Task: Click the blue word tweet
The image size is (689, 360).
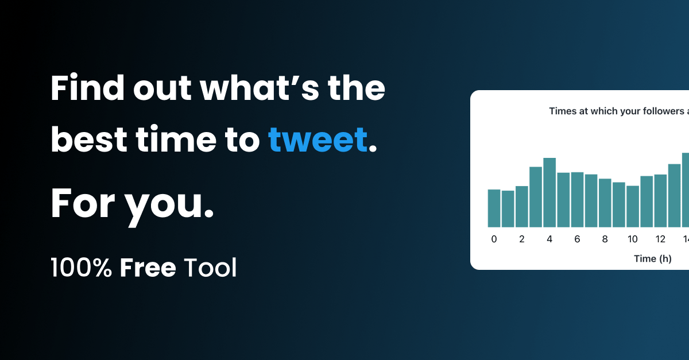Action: (x=318, y=139)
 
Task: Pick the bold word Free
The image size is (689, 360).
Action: (x=148, y=268)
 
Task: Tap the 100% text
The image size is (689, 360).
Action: (x=81, y=268)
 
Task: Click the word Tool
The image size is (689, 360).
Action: (x=210, y=268)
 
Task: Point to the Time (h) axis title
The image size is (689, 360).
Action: (x=652, y=258)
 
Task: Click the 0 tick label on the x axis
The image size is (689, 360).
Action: (x=494, y=239)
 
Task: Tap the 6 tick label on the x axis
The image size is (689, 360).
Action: (x=577, y=239)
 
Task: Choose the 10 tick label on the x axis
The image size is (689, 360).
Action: (x=633, y=239)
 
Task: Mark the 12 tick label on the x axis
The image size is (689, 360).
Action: (x=660, y=239)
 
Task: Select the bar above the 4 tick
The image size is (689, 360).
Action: (x=549, y=192)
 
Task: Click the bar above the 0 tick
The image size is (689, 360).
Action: (x=494, y=208)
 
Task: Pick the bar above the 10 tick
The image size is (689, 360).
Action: (x=633, y=206)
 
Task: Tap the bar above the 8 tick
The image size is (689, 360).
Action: (x=605, y=203)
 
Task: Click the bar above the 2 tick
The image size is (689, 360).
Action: (x=522, y=206)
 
